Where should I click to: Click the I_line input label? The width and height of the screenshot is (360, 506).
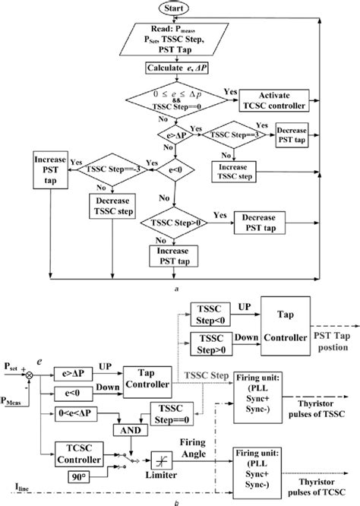click(x=13, y=483)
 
